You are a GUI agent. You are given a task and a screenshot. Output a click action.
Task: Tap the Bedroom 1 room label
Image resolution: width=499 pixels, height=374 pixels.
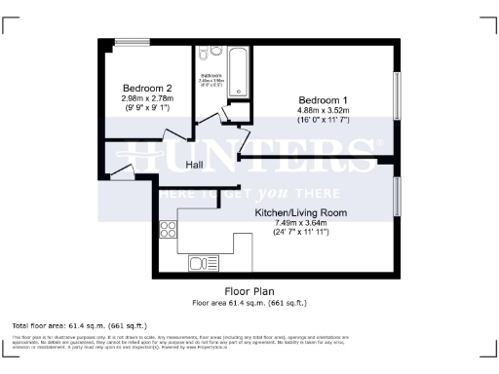pos(323,100)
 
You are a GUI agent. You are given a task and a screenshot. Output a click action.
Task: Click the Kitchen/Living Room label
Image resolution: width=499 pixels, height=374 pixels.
pos(302,211)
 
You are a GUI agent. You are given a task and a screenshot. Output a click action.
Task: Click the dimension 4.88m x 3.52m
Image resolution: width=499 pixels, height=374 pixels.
pos(323,110)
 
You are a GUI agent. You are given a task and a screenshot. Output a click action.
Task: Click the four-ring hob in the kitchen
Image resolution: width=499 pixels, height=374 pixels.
pos(167,230)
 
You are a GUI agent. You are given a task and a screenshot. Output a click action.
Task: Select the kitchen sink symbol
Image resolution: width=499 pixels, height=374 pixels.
pos(204,261)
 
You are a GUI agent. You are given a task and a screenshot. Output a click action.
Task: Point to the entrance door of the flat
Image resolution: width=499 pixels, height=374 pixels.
pos(122,173)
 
